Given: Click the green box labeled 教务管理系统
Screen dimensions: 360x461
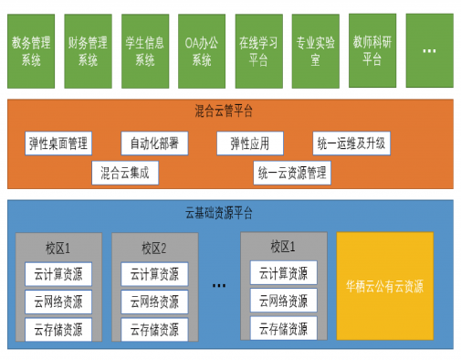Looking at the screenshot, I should pos(31,50).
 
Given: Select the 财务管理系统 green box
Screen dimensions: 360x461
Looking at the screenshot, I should pos(88,50).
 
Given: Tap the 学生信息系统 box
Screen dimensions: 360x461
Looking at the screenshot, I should pos(144,50).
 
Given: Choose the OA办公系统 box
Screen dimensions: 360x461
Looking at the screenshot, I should pos(202,50).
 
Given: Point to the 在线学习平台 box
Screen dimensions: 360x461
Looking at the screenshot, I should pos(258,50).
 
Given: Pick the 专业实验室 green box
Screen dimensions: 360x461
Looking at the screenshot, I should pos(315,50).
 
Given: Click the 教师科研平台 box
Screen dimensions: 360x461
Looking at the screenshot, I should pos(372,50).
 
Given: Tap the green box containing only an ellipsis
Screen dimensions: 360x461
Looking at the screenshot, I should pos(428,50).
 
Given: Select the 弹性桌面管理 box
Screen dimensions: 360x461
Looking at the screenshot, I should pos(58,143).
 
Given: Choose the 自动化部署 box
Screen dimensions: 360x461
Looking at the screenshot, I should pos(153,143).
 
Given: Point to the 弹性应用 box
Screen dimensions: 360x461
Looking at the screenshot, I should pos(250,143).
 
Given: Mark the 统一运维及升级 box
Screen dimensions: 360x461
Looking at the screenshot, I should pos(351,143).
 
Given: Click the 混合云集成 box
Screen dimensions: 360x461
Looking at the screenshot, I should pos(124,171).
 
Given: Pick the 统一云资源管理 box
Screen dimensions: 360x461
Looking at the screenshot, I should pos(291,171).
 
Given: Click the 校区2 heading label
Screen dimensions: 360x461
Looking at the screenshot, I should pos(153,247).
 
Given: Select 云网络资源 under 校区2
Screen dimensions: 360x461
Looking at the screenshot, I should pos(153,302).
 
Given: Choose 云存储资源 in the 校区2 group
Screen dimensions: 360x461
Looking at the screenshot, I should pos(153,329).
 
